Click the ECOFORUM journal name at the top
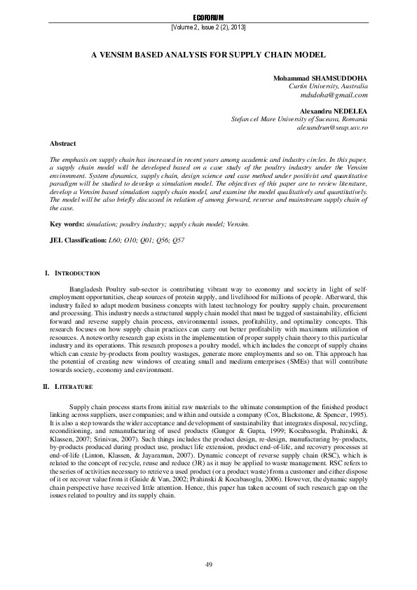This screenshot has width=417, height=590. (208, 16)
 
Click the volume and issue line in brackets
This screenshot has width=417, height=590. (208, 27)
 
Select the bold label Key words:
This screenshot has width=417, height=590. (67, 224)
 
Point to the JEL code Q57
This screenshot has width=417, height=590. (179, 240)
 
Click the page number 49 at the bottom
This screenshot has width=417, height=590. (208, 565)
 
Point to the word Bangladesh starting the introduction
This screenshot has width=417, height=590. (88, 288)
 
